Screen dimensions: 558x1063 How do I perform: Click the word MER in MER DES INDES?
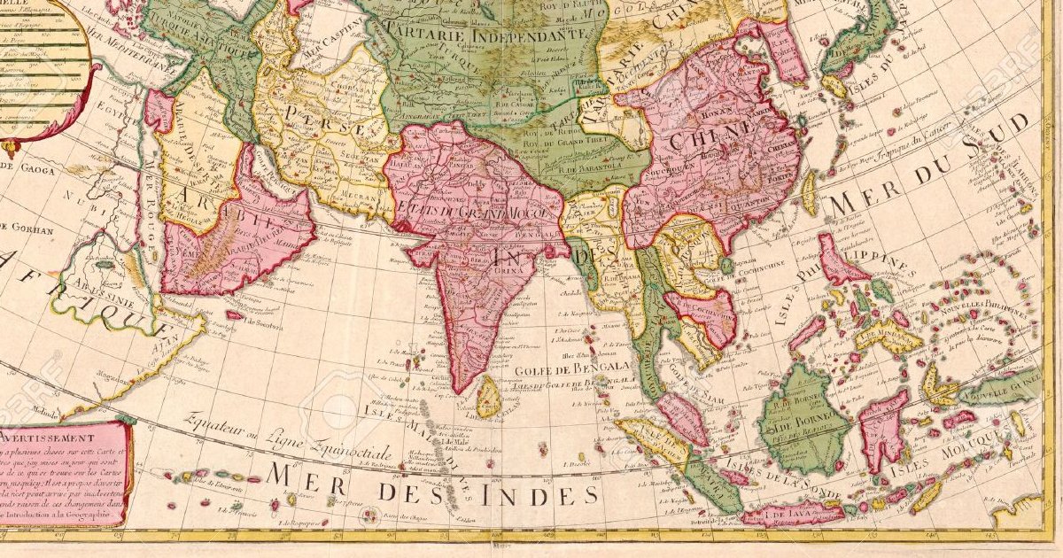click(309, 478)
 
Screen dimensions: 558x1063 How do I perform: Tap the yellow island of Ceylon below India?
click(488, 396)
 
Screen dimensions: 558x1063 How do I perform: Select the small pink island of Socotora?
click(234, 314)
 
